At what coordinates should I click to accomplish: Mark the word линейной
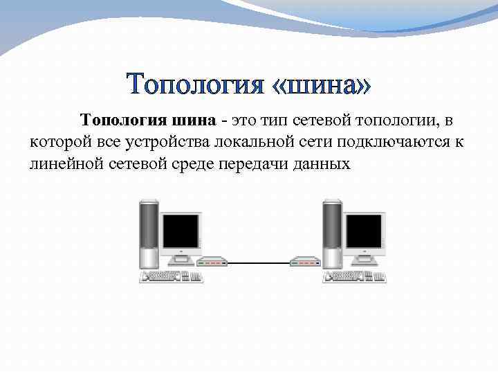[x=62, y=164]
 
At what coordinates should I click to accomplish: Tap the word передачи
[x=266, y=164]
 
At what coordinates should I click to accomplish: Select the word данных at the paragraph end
[x=327, y=164]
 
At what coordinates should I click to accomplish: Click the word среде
[x=196, y=164]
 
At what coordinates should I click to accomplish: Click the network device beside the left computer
[x=213, y=262]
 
